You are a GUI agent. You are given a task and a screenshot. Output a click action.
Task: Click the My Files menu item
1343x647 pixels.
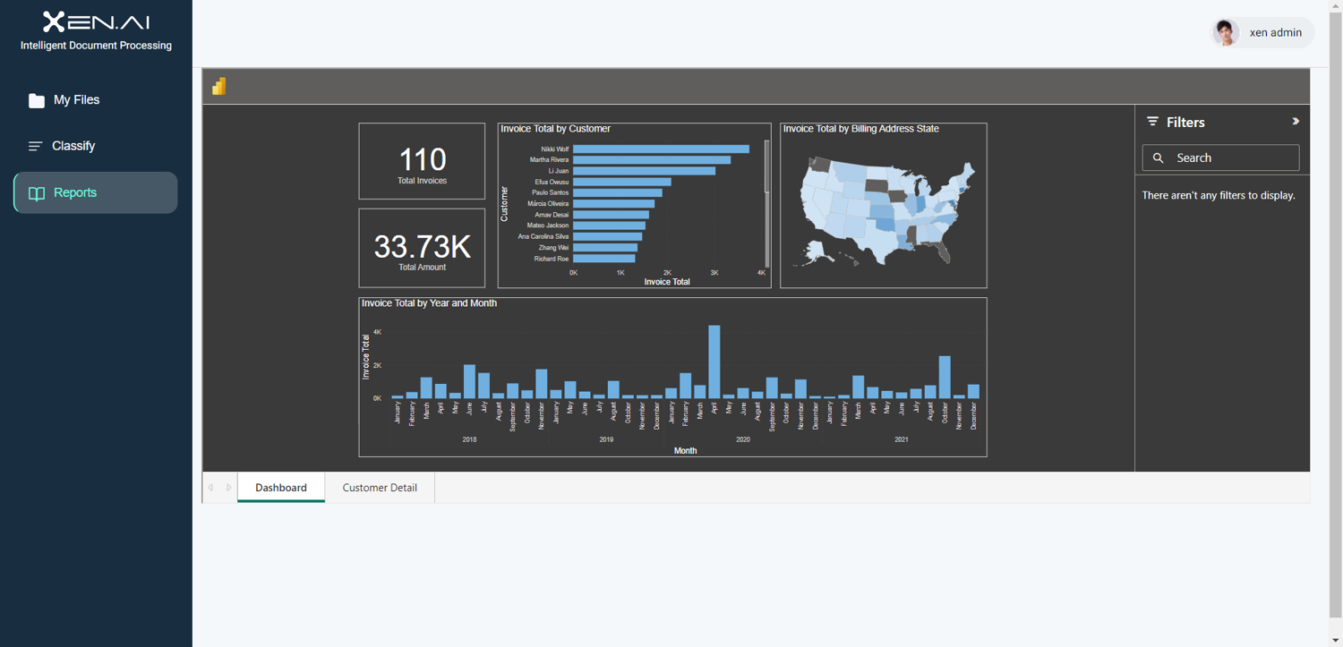click(x=76, y=100)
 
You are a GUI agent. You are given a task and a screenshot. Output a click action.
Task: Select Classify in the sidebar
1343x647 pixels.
click(x=73, y=146)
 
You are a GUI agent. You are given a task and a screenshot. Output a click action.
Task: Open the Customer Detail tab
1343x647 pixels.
click(x=380, y=488)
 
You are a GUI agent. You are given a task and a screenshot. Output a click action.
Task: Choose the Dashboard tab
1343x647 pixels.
click(x=281, y=488)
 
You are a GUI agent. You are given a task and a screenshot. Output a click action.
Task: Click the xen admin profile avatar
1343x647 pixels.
click(x=1225, y=33)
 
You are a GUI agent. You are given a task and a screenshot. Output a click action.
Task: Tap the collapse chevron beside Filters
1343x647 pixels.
click(x=1295, y=122)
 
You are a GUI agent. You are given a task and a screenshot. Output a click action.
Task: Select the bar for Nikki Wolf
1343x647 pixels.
click(x=661, y=149)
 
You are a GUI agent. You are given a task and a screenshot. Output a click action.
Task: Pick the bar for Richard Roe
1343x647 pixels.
click(x=603, y=259)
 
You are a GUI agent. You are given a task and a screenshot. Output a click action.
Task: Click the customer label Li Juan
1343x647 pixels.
click(x=559, y=171)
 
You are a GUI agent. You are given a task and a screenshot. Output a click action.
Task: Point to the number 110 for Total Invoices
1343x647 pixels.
click(x=422, y=160)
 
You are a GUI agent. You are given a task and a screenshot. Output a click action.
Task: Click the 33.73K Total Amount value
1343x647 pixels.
click(x=422, y=247)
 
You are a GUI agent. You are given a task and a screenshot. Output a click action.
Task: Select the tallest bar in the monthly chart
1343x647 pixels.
click(x=714, y=362)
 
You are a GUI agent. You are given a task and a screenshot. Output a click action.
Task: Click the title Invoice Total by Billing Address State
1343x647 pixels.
click(x=861, y=129)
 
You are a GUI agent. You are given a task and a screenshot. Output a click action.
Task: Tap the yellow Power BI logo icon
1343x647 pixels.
click(x=219, y=87)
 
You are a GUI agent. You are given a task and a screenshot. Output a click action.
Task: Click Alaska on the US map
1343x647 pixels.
click(x=817, y=251)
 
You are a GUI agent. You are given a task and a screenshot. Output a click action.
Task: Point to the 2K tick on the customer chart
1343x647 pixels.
click(x=667, y=273)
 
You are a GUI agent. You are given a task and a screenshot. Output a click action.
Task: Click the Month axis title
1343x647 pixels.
click(x=685, y=451)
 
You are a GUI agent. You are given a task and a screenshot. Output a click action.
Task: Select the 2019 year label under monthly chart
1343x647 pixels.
click(x=606, y=439)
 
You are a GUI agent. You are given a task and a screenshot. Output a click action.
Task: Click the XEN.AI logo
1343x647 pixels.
click(x=96, y=21)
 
